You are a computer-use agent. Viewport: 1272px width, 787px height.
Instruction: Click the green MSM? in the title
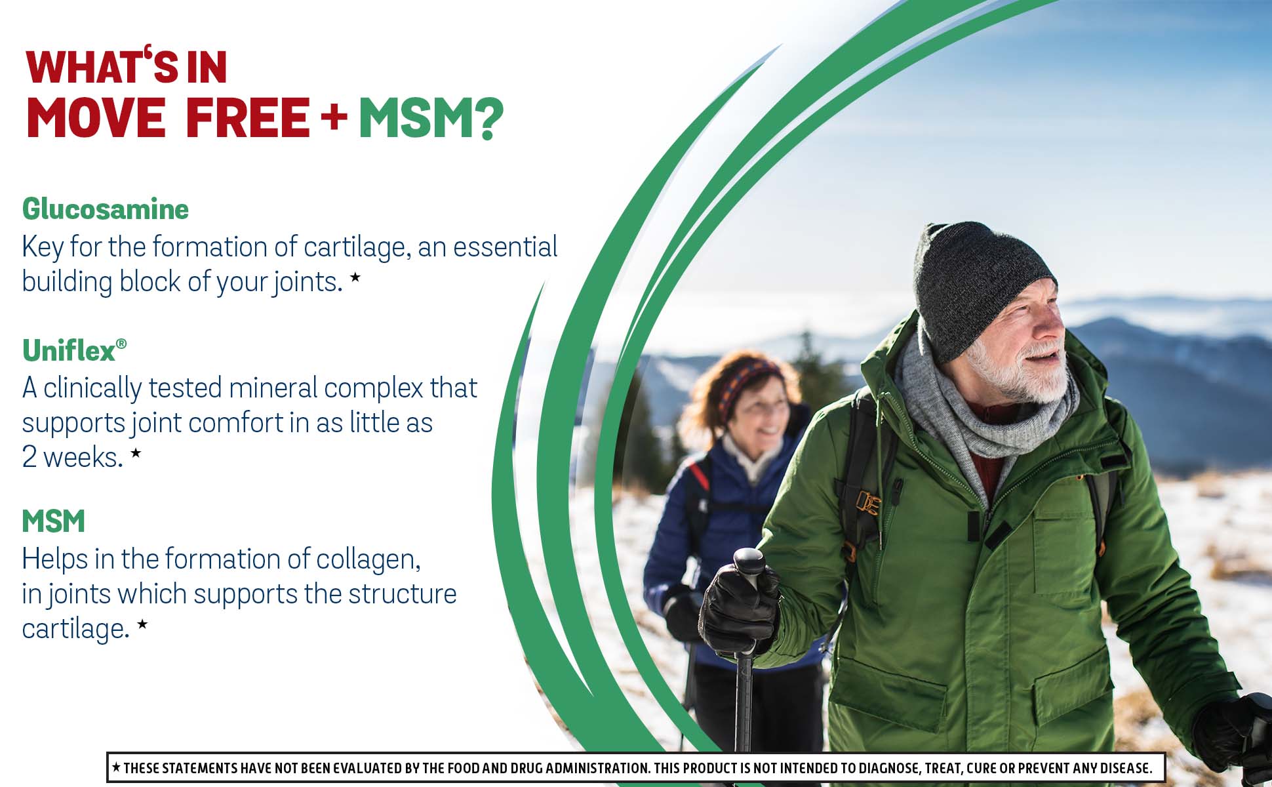tap(431, 118)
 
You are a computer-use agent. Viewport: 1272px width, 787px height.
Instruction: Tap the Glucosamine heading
tap(106, 209)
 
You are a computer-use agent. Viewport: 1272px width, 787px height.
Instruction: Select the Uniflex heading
tap(74, 350)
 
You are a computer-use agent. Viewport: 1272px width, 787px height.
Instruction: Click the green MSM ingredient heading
tap(54, 521)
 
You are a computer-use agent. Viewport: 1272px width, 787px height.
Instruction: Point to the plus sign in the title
tap(334, 117)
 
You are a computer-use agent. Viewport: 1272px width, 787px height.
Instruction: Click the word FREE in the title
tap(248, 118)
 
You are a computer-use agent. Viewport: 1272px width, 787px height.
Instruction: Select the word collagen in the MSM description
tap(368, 560)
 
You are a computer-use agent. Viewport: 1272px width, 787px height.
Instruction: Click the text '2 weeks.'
tap(72, 457)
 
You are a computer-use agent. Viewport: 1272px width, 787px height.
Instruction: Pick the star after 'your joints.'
tap(355, 277)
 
